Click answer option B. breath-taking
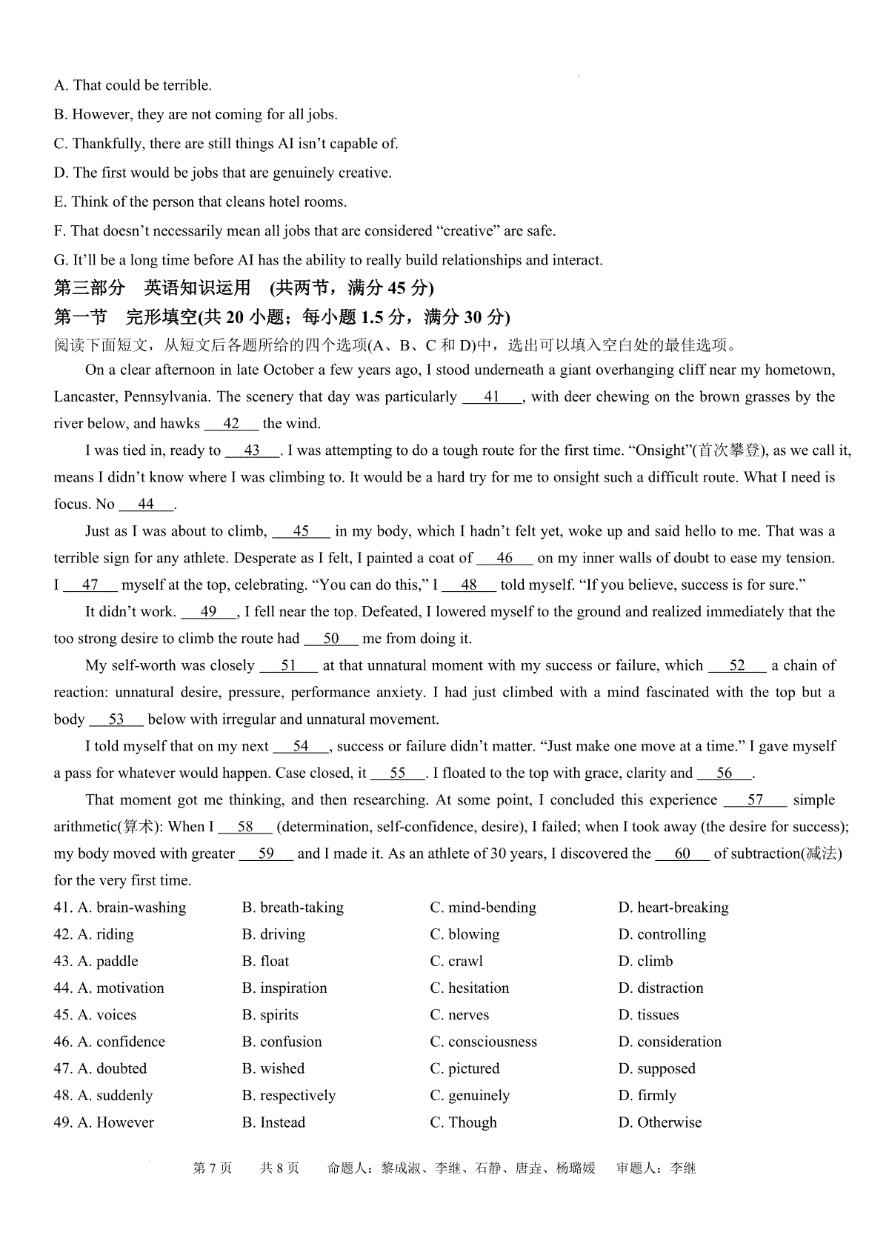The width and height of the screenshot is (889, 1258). click(x=293, y=908)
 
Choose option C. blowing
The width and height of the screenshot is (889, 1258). click(x=465, y=934)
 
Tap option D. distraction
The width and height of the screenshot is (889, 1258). click(x=661, y=988)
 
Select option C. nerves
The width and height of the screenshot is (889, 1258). click(x=459, y=1015)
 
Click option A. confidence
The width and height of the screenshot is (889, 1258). click(x=110, y=1042)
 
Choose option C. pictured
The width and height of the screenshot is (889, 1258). click(x=465, y=1068)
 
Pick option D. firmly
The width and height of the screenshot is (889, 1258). click(x=647, y=1095)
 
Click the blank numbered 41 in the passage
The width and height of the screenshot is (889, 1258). click(x=493, y=397)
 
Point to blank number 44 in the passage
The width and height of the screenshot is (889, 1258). click(x=146, y=505)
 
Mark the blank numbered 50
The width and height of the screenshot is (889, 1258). click(x=331, y=639)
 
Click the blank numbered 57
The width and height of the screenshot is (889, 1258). click(x=755, y=800)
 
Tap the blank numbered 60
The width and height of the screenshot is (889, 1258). click(x=682, y=853)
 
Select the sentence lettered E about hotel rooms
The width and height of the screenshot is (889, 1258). click(x=200, y=202)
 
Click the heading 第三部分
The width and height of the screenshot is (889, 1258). click(x=90, y=287)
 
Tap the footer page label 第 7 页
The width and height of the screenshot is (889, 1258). click(x=213, y=1168)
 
